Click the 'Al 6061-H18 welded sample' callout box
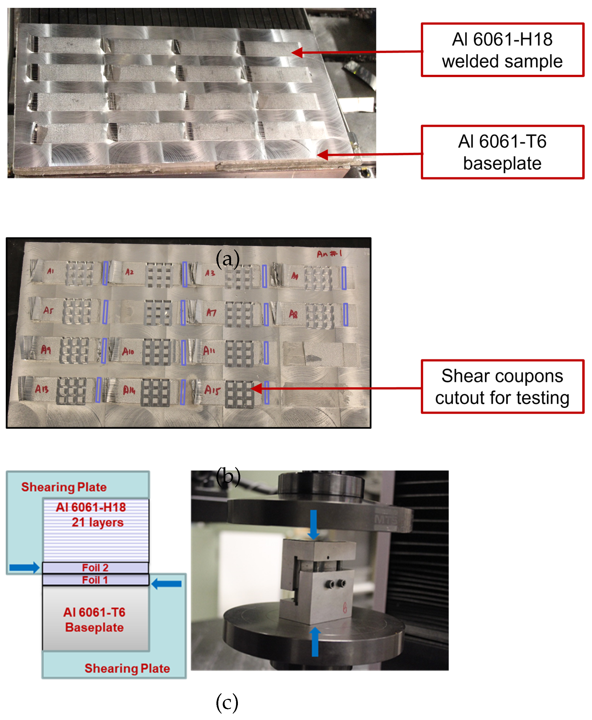[502, 50]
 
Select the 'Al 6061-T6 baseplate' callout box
[502, 152]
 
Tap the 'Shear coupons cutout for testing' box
[502, 386]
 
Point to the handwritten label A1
[51, 271]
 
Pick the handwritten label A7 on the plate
[211, 312]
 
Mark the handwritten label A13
[42, 389]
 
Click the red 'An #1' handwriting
[329, 254]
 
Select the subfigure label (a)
[227, 258]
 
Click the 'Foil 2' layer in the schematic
[95, 568]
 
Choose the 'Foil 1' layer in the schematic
[95, 580]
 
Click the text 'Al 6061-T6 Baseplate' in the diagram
[94, 620]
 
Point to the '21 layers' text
[98, 522]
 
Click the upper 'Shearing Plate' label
[64, 487]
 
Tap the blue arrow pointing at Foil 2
[24, 568]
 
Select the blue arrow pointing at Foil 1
[166, 584]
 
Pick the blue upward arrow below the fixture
[315, 641]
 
